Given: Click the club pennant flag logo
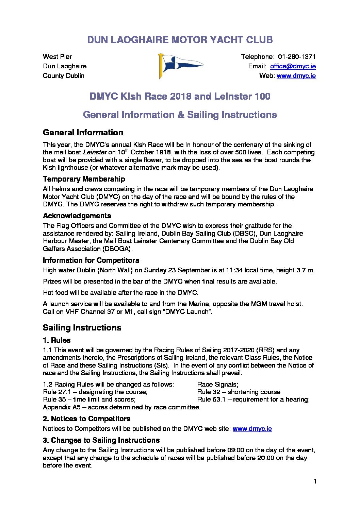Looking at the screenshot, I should (x=180, y=66).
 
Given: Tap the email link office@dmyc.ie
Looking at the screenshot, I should (x=293, y=66).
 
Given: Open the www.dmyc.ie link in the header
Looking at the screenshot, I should (x=296, y=76).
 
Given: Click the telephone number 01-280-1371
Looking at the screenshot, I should (x=297, y=57).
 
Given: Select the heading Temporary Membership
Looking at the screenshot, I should (x=84, y=179).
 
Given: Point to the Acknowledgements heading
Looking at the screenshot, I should (x=77, y=216).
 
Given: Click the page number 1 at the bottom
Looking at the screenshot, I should (x=315, y=481).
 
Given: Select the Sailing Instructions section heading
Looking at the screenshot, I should (x=82, y=328).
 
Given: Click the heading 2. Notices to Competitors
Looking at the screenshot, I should (x=86, y=419).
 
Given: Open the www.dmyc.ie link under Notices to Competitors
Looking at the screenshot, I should (x=252, y=429).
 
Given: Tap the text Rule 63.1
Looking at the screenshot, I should (x=211, y=400).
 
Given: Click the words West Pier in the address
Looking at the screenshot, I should (x=57, y=57).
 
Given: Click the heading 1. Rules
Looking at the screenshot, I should (x=57, y=340).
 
